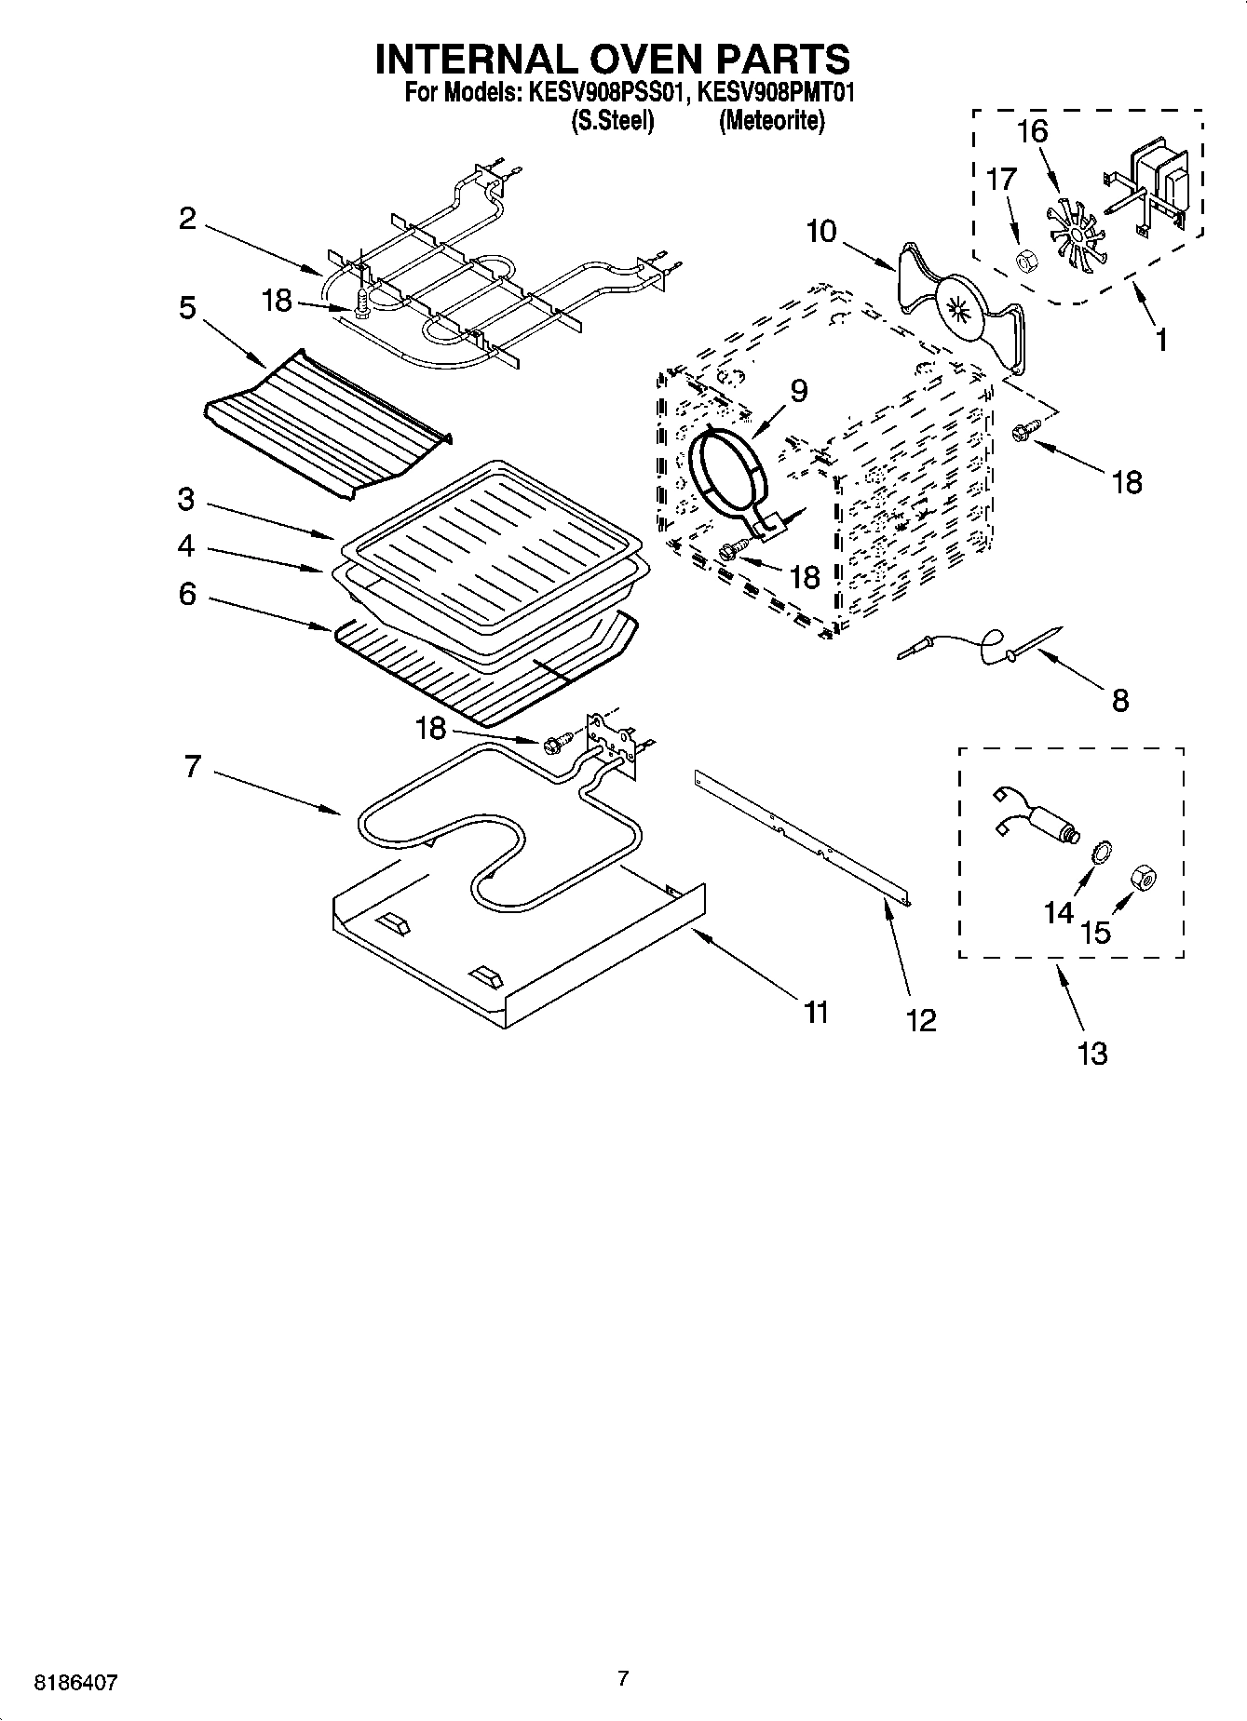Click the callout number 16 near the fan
point(1032,132)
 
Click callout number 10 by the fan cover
point(821,231)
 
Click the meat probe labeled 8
point(978,645)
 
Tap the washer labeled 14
point(1099,850)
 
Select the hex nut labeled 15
point(1143,876)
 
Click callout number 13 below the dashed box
point(1092,1054)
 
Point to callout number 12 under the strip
point(920,1021)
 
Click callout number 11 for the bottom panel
point(816,1012)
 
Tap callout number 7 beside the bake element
point(192,768)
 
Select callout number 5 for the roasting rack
point(187,307)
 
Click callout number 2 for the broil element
point(188,219)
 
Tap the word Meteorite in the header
point(770,121)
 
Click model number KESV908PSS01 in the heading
point(608,92)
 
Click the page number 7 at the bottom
point(623,1679)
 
